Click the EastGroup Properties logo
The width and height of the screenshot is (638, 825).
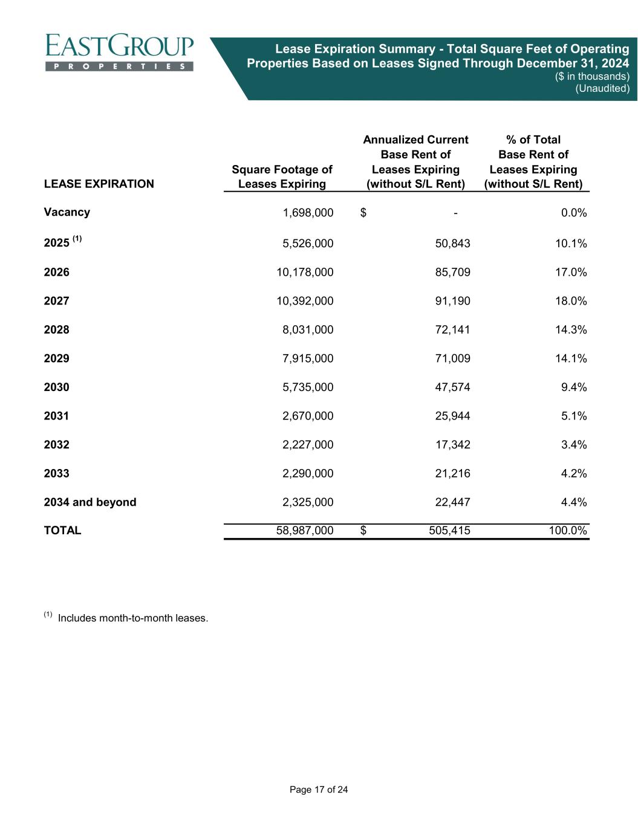coord(119,52)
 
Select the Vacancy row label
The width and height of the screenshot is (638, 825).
coord(67,212)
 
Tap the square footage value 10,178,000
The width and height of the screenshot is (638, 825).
coord(305,273)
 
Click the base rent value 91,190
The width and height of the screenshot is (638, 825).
coord(449,301)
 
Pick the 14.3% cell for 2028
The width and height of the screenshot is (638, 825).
coord(571,330)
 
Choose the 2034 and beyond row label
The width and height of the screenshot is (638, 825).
coord(90,502)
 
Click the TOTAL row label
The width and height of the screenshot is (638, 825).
coord(62,531)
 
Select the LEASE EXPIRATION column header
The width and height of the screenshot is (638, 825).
coord(99,184)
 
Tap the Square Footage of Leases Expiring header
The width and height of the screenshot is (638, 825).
coord(282,177)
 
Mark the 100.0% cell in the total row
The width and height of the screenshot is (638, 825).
coord(566,531)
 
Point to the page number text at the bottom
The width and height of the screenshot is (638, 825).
coord(319,790)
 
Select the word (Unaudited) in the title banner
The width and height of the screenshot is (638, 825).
coord(602,88)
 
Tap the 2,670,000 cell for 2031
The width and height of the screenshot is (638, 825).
coord(308,416)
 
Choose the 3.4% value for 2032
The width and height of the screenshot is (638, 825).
coord(573,445)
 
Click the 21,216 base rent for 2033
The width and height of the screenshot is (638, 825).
coord(449,473)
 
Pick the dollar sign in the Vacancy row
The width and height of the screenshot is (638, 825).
coord(363,212)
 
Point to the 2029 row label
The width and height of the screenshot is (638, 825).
coord(57,358)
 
